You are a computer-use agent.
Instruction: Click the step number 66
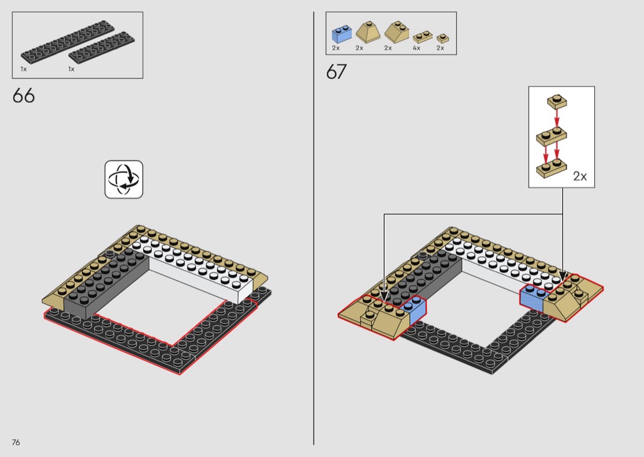[x=23, y=96]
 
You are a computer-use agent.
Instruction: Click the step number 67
[x=336, y=72]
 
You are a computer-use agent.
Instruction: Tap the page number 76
[x=16, y=442]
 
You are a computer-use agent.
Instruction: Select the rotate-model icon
[x=124, y=179]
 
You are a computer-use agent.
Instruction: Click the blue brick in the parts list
[x=341, y=34]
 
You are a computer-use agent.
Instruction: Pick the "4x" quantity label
[x=416, y=48]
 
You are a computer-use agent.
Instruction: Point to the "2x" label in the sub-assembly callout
[x=580, y=176]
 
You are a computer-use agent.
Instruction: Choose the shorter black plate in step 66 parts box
[x=101, y=47]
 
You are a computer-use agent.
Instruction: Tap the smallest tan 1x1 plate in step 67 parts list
[x=442, y=39]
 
